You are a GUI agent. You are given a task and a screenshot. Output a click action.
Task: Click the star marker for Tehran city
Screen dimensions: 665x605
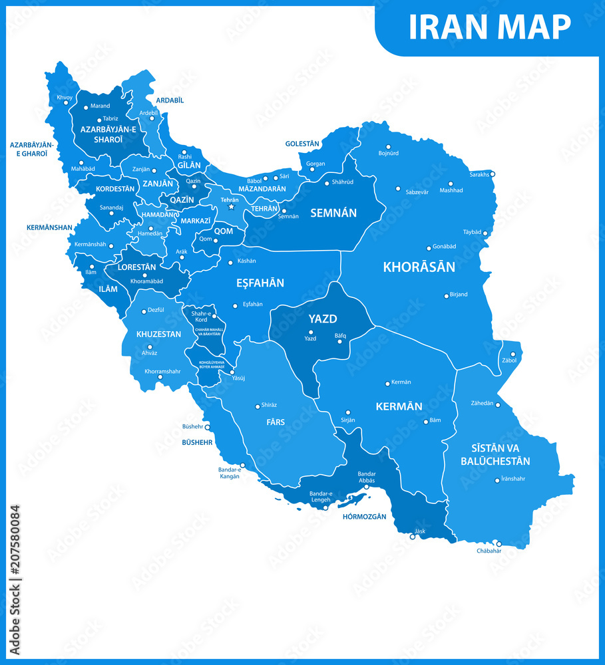pyautogui.click(x=232, y=207)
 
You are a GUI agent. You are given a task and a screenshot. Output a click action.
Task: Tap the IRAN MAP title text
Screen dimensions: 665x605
pyautogui.click(x=489, y=27)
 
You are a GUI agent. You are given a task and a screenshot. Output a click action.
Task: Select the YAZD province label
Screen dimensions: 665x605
pyautogui.click(x=322, y=319)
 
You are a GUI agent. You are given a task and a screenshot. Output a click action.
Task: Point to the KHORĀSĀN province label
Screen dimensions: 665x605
pyautogui.click(x=419, y=267)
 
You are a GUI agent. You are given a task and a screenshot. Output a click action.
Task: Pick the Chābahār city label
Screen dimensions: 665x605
pyautogui.click(x=489, y=551)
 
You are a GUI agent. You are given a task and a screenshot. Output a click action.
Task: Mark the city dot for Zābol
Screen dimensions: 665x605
pyautogui.click(x=512, y=354)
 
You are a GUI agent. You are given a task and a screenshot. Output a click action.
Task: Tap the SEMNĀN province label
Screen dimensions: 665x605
pyautogui.click(x=333, y=213)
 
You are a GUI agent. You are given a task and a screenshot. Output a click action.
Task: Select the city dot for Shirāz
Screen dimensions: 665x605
pyautogui.click(x=258, y=406)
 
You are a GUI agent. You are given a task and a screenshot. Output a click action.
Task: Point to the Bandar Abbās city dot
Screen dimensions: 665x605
pyautogui.click(x=366, y=487)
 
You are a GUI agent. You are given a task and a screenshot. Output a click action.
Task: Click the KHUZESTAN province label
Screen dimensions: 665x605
pyautogui.click(x=158, y=334)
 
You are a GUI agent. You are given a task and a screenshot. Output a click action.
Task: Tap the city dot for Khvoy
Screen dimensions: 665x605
pyautogui.click(x=65, y=102)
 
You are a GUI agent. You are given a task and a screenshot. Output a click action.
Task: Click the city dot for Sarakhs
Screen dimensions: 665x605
pyautogui.click(x=493, y=174)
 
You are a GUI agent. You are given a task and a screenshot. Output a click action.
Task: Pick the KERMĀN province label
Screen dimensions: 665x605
pyautogui.click(x=399, y=406)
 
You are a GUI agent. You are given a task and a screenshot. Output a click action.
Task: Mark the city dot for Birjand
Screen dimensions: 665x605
pyautogui.click(x=447, y=296)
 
